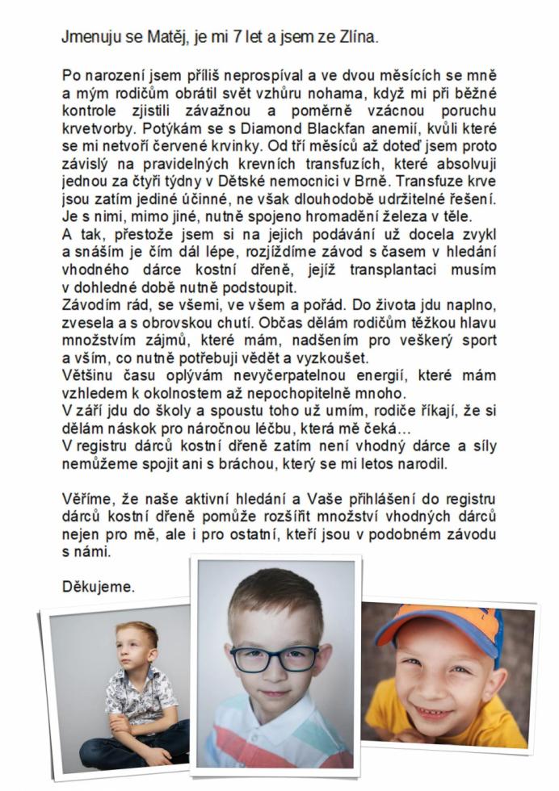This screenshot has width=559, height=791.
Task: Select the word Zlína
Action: tap(356, 37)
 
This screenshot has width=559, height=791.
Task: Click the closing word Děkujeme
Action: tap(98, 587)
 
